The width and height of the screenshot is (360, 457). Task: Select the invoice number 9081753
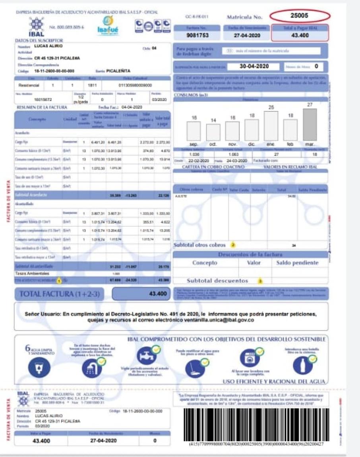[x=197, y=35]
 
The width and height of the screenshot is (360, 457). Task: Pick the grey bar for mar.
[x=310, y=124]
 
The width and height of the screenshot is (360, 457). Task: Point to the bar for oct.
[x=213, y=132]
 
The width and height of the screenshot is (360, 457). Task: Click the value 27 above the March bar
[x=310, y=105]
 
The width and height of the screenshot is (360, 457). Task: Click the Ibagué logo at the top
[x=107, y=25]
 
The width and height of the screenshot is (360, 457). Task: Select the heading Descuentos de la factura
[x=250, y=254]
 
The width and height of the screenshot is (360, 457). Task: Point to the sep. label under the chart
[x=194, y=144]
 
